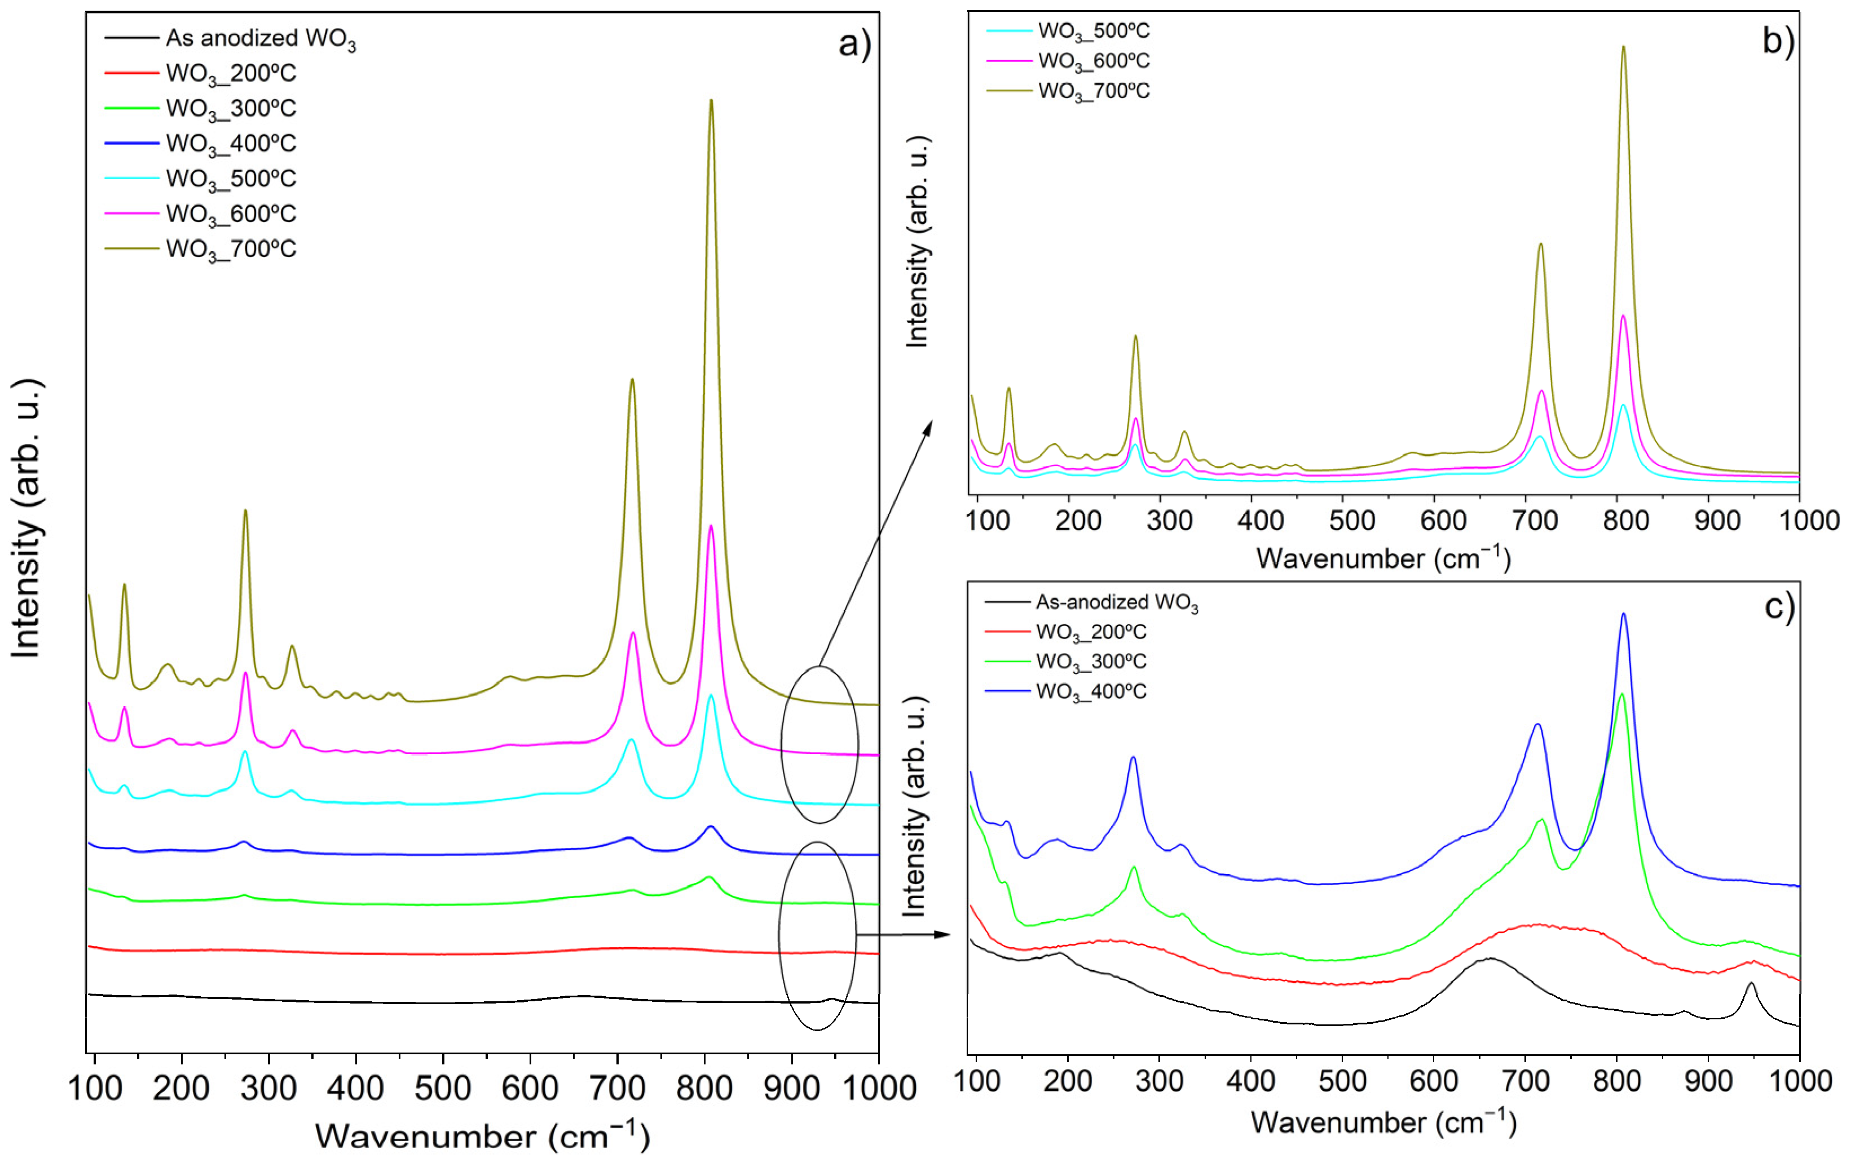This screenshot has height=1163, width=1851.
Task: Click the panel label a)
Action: pyautogui.click(x=854, y=44)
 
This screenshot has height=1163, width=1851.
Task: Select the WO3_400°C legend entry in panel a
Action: pyautogui.click(x=231, y=144)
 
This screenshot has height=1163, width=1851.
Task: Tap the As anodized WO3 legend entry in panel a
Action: pyautogui.click(x=260, y=38)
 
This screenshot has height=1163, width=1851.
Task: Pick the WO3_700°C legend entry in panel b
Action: pyautogui.click(x=1093, y=91)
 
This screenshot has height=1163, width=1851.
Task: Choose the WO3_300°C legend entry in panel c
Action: pyautogui.click(x=1091, y=662)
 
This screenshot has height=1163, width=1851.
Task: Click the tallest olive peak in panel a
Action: pyautogui.click(x=711, y=102)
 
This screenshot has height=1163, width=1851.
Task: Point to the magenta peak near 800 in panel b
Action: pyautogui.click(x=1623, y=317)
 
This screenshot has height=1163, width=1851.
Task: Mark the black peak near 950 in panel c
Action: pyautogui.click(x=1751, y=984)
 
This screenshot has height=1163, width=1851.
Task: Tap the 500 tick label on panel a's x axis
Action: pyautogui.click(x=443, y=1087)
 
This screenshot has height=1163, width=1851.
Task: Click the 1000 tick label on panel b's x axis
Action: pyautogui.click(x=1809, y=521)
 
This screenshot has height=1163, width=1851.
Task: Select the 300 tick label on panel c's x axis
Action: pyautogui.click(x=1158, y=1081)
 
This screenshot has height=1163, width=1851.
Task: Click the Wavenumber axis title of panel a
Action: pyautogui.click(x=482, y=1135)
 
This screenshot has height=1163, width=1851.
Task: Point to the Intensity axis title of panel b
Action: pyautogui.click(x=917, y=242)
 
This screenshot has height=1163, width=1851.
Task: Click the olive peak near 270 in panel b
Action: pyautogui.click(x=1135, y=337)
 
